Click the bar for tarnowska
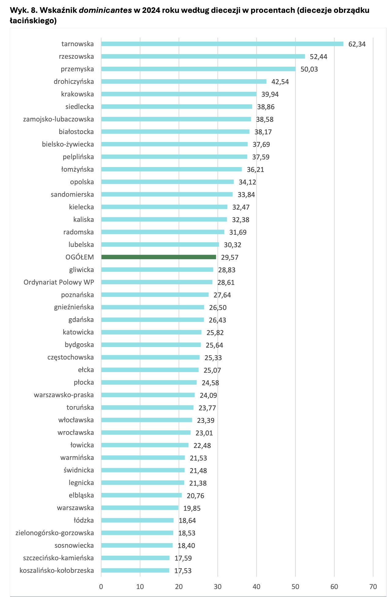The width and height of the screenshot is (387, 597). [x=222, y=44]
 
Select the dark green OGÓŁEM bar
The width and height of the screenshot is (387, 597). [x=158, y=257]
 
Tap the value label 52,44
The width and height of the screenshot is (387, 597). [x=318, y=57]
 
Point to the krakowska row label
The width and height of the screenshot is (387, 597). [x=77, y=94]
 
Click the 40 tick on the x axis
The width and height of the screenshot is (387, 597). [x=256, y=587]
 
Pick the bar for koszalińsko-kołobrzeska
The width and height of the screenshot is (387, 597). [x=135, y=570]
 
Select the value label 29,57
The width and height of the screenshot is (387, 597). [x=230, y=257]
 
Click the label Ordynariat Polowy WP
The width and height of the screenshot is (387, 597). [x=59, y=282]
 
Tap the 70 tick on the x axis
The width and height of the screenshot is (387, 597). [x=373, y=587]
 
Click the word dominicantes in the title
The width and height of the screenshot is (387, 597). [x=105, y=10]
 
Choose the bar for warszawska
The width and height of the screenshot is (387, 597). [x=140, y=508]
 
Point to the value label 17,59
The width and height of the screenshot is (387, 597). [x=183, y=558]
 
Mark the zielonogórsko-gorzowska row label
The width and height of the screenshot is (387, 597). [x=55, y=533]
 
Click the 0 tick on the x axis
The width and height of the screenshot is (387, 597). [x=101, y=587]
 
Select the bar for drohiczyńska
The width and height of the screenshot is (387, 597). [x=184, y=81]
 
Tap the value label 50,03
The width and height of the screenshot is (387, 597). [x=309, y=69]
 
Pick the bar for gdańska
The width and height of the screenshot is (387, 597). [x=152, y=320]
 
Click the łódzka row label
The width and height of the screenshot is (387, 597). [x=84, y=520]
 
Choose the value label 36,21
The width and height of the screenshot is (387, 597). [x=255, y=170]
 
